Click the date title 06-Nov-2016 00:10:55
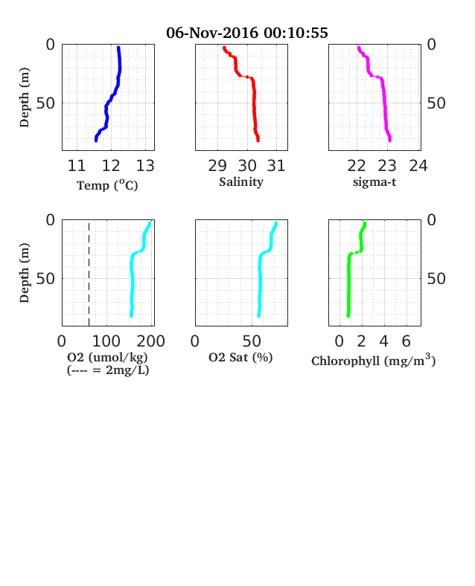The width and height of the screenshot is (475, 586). [x=247, y=33]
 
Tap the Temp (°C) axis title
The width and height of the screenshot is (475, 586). [x=107, y=185]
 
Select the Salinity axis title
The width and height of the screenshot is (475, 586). [x=241, y=182]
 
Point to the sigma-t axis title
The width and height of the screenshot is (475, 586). [x=374, y=182]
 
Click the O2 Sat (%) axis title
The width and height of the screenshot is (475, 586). [x=240, y=358]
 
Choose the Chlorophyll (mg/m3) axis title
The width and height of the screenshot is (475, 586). [x=374, y=360]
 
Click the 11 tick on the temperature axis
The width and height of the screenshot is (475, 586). [x=77, y=166]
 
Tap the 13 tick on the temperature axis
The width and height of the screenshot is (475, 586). [x=145, y=166]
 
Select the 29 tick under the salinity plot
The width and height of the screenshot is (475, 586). [x=217, y=166]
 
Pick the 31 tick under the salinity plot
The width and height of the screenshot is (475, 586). [x=276, y=166]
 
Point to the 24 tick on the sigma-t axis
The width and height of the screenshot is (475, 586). [x=418, y=166]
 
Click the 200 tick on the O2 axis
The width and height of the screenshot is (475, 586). [x=150, y=341]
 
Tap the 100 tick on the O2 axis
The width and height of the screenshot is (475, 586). [x=106, y=341]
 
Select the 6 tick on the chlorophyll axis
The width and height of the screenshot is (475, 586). [x=407, y=341]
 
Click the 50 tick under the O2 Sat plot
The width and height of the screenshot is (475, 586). [x=252, y=341]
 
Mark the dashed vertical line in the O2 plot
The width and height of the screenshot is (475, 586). [x=89, y=274]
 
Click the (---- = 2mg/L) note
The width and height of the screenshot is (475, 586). [x=108, y=370]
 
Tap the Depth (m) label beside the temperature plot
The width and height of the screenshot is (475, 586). [x=25, y=97]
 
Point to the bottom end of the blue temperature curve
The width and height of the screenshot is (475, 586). [x=96, y=141]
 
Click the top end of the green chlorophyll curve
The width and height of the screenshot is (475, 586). [x=365, y=224]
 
